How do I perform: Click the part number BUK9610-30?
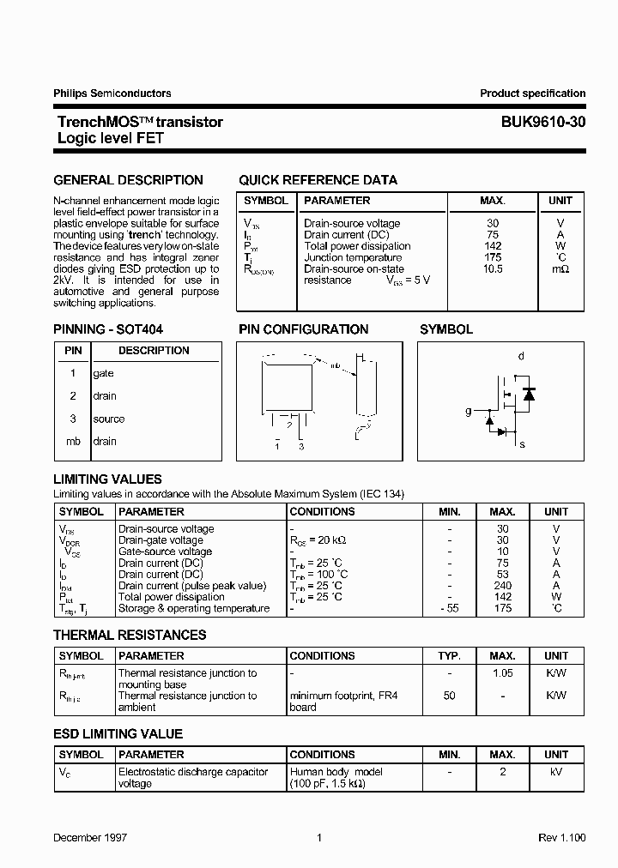click(544, 122)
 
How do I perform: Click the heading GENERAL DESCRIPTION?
click(129, 180)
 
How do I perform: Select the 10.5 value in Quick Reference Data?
click(493, 268)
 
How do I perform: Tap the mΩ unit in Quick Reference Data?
click(560, 268)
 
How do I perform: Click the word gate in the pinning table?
click(103, 373)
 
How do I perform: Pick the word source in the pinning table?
click(109, 419)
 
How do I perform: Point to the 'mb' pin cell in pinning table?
click(73, 441)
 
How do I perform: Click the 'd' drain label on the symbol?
click(521, 356)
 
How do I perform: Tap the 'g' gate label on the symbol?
click(469, 411)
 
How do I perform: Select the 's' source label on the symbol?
click(522, 444)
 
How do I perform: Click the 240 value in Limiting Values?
click(503, 586)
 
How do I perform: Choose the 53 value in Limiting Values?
click(503, 574)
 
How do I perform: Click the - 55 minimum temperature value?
click(450, 608)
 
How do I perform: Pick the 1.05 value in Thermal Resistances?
click(503, 673)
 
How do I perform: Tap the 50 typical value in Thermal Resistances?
click(450, 696)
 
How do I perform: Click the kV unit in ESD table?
click(556, 772)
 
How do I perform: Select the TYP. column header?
click(450, 655)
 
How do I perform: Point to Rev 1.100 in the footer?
click(562, 837)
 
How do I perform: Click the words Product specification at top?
click(532, 93)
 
